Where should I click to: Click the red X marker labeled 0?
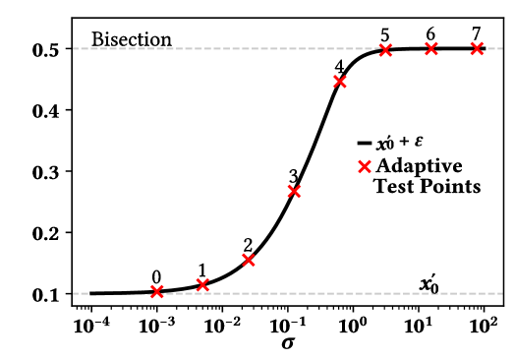[157, 291]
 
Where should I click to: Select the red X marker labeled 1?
[202, 284]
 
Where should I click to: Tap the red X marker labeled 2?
[249, 260]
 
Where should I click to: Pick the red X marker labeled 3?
[294, 191]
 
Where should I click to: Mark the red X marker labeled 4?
[340, 82]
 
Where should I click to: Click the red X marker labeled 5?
[385, 50]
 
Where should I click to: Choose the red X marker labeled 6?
[431, 48]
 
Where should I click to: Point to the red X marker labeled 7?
[477, 48]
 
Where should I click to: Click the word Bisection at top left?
[132, 40]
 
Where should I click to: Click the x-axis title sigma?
[287, 342]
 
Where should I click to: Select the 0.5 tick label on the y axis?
[49, 49]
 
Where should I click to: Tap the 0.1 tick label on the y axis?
[49, 294]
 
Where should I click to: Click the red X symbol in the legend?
[366, 166]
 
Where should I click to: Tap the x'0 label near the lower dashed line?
[428, 284]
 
